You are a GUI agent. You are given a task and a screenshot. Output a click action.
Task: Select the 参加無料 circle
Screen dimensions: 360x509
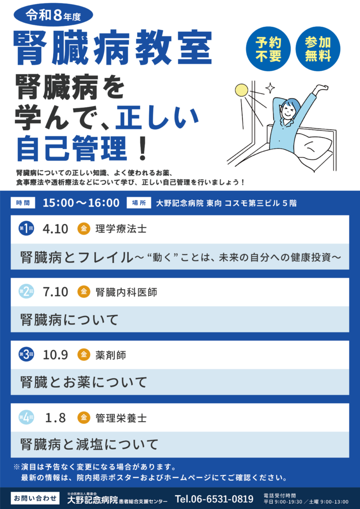click(318, 49)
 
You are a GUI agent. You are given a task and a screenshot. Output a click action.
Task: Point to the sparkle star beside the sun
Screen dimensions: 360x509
click(270, 87)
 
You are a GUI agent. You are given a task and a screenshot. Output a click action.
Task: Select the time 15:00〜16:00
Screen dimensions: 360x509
click(81, 203)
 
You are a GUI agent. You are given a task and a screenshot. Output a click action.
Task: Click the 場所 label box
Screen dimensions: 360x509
click(139, 203)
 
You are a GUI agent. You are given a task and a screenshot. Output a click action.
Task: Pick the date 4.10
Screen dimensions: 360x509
click(56, 229)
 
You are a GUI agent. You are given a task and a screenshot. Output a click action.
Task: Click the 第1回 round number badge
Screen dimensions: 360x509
click(26, 229)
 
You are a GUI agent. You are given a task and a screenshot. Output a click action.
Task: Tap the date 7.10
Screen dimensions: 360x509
click(56, 292)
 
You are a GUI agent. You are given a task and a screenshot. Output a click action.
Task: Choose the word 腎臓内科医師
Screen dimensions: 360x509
click(126, 292)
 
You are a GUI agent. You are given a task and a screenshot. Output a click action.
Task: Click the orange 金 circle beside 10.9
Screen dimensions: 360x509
click(84, 354)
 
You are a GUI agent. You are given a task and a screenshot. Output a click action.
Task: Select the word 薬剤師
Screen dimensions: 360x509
click(111, 355)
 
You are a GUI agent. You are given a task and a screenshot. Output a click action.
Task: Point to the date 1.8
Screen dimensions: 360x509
click(56, 418)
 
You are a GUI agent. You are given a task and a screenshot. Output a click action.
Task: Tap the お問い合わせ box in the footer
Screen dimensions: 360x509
click(35, 497)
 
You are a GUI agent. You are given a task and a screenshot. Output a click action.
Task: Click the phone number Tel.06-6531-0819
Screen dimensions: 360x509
click(214, 498)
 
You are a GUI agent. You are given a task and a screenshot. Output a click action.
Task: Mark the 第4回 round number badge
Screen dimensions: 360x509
click(26, 417)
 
